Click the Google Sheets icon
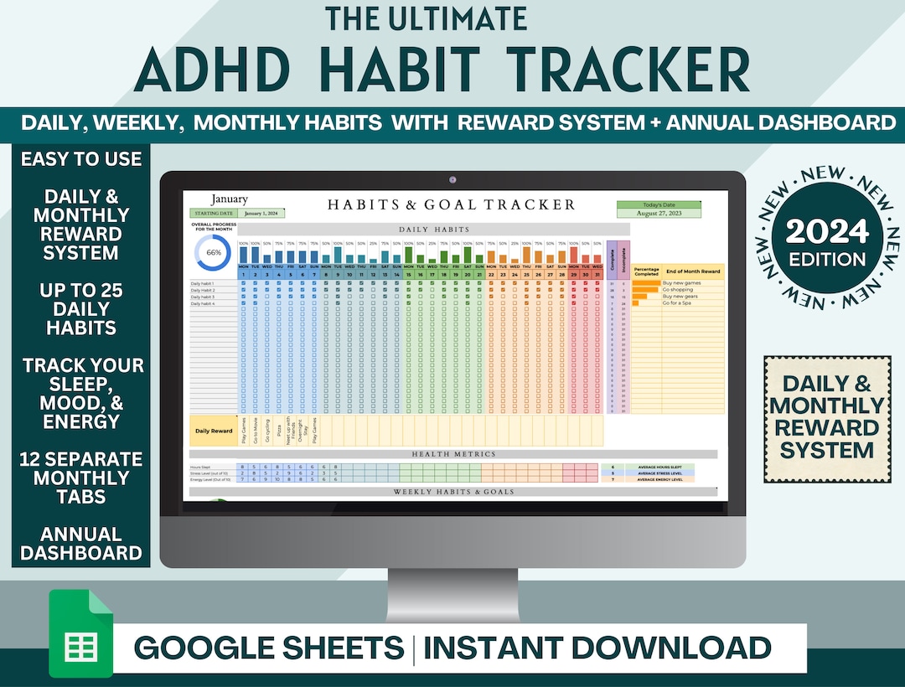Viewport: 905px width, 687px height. pos(80,633)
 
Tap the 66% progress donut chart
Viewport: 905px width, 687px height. pos(213,252)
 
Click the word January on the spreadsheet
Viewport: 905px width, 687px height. pos(229,199)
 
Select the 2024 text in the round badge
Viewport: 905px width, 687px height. pos(826,231)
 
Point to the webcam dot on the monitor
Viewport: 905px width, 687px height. pos(452,180)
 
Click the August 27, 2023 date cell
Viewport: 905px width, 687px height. pos(659,214)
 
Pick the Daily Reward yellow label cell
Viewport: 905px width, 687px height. pos(214,431)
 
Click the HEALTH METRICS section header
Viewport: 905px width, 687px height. pos(452,454)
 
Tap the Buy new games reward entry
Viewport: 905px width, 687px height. pos(681,283)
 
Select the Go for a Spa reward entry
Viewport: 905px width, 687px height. pos(678,303)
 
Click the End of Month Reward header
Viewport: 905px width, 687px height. pos(693,271)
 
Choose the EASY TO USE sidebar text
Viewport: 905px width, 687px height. pos(81,159)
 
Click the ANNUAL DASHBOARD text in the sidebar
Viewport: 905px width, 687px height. pos(81,543)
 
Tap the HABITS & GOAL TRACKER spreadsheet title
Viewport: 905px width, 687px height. pos(452,204)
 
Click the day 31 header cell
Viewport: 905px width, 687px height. pos(597,274)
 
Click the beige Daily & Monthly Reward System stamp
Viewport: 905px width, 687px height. pos(826,418)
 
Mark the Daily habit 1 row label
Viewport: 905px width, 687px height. pos(203,283)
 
